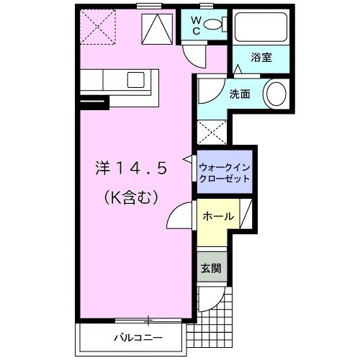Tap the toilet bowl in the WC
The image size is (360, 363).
point(213,24)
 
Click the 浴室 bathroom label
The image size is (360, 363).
point(261,57)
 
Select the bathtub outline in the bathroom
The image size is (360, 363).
point(261,27)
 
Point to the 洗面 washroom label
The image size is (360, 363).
point(240,94)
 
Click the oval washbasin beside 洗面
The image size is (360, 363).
point(276,94)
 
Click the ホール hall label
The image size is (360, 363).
point(217,216)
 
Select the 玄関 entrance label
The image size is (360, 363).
point(211,269)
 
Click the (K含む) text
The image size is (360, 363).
point(132,194)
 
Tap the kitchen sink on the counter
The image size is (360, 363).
point(136,77)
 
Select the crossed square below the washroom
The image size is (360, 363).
point(212,131)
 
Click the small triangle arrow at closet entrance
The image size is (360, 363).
point(189,157)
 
